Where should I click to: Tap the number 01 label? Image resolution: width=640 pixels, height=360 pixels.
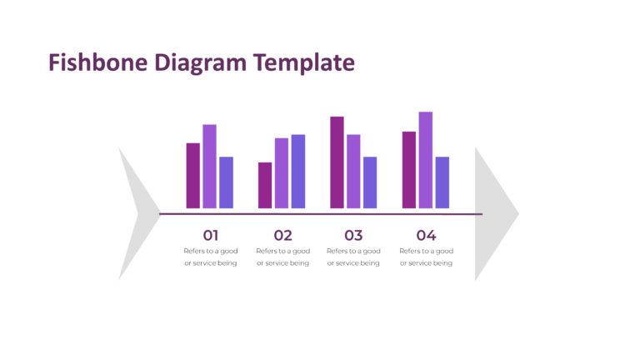(x=211, y=235)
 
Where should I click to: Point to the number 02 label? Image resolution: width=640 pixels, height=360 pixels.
(x=282, y=235)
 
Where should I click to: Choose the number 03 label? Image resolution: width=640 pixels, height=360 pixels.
(x=353, y=235)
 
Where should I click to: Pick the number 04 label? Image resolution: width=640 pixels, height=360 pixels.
(x=426, y=235)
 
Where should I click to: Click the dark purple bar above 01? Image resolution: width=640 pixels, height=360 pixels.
(x=193, y=176)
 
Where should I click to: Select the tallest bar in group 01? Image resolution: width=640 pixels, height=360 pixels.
(x=209, y=167)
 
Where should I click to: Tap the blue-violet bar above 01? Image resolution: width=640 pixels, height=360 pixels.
(x=226, y=182)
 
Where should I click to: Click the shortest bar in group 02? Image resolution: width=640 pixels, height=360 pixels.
(x=265, y=185)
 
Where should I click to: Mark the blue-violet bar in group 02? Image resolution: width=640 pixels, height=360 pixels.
(x=297, y=172)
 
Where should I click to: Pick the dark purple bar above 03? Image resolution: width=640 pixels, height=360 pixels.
(x=337, y=162)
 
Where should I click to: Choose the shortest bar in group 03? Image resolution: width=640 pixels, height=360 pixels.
(x=370, y=182)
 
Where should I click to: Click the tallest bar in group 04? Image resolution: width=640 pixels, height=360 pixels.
(x=425, y=160)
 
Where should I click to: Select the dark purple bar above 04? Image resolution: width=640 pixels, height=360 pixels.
(x=409, y=170)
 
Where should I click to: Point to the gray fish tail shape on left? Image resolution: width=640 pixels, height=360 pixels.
(x=133, y=213)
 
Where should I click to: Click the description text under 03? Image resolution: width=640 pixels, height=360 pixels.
(x=353, y=257)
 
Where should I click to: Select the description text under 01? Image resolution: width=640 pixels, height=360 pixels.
(x=211, y=257)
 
